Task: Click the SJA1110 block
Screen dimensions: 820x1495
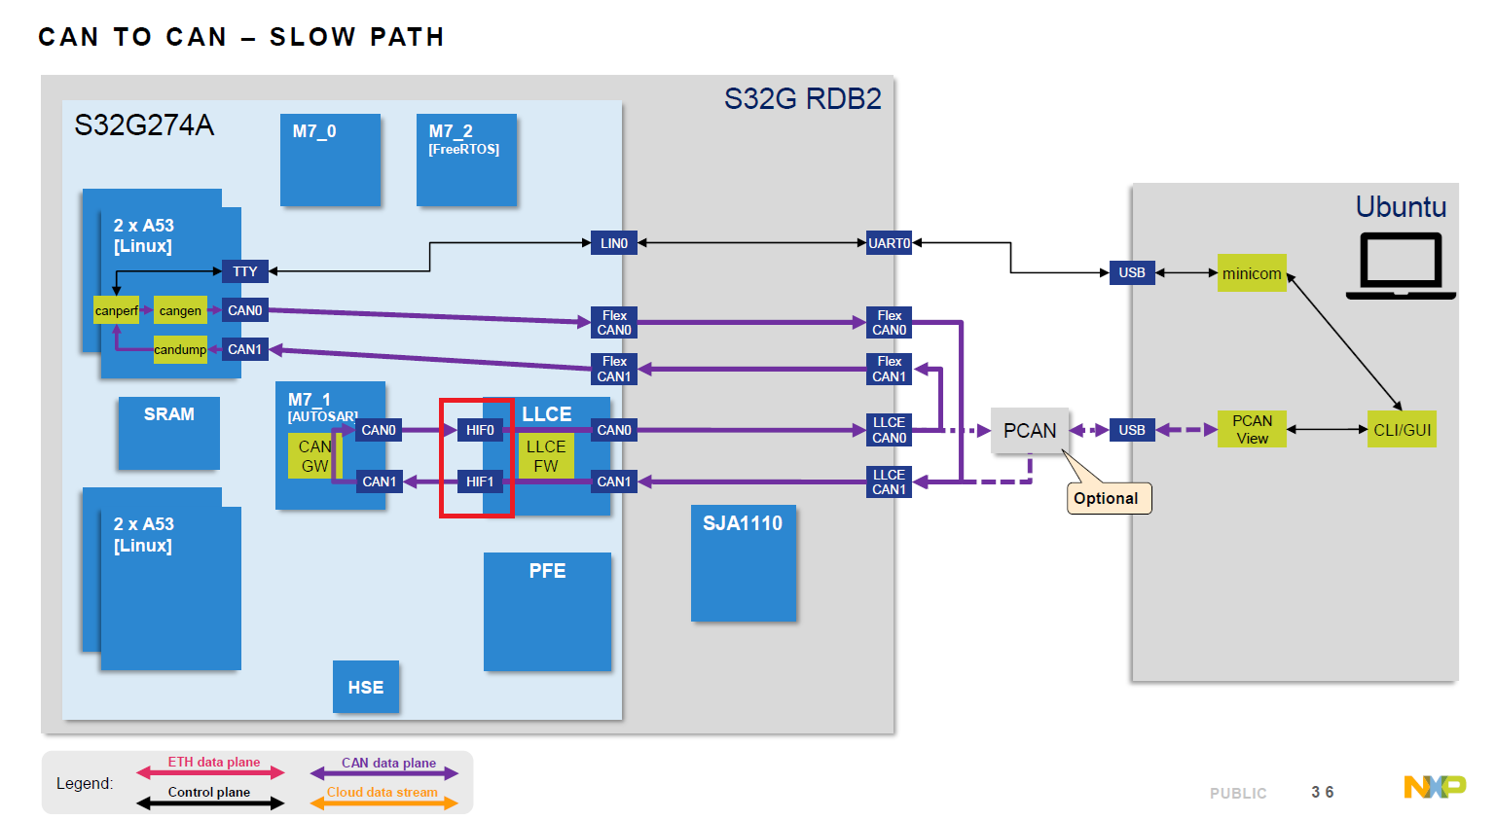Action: [x=743, y=562]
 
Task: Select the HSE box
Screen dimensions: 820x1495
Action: [x=365, y=687]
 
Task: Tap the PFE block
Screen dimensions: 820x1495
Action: [x=547, y=611]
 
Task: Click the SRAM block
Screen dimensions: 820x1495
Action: [x=168, y=433]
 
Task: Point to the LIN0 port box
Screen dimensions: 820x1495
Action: [x=613, y=243]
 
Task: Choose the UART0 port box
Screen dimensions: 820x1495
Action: [x=889, y=243]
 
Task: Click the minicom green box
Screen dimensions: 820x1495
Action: [x=1251, y=273]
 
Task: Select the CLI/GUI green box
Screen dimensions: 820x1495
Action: [x=1402, y=430]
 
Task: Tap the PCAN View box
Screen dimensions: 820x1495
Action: [x=1252, y=429]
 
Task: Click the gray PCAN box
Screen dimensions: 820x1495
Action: [x=1029, y=430]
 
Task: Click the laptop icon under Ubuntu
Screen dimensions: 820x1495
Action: [x=1401, y=266]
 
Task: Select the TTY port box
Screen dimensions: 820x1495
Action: [x=244, y=271]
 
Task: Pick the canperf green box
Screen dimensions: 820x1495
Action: [x=116, y=310]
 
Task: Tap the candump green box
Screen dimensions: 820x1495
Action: [x=180, y=349]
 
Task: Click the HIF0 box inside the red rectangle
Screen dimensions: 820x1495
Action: [x=479, y=430]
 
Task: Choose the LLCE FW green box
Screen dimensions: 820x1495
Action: [x=545, y=456]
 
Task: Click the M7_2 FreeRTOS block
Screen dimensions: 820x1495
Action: [x=466, y=160]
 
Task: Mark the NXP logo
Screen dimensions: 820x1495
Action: [x=1435, y=786]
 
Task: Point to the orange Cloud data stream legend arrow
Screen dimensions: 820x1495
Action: [x=383, y=802]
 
